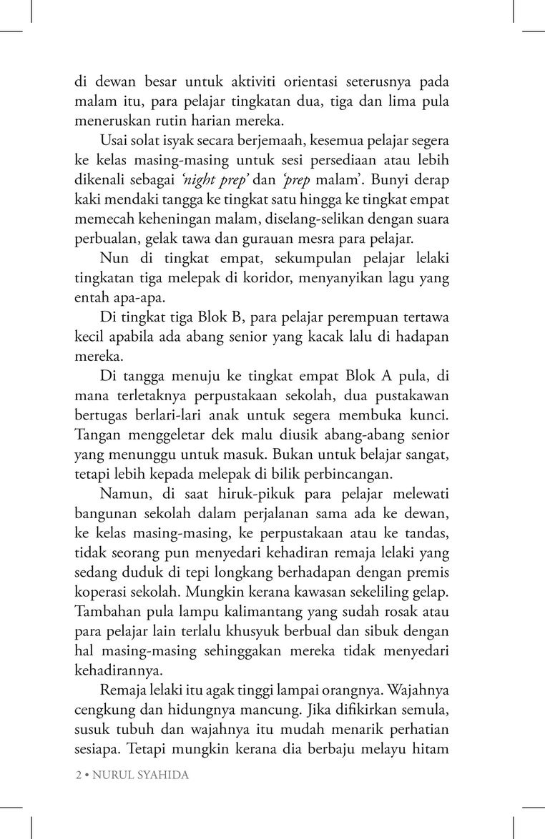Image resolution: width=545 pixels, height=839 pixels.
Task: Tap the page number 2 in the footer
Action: (x=77, y=775)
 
